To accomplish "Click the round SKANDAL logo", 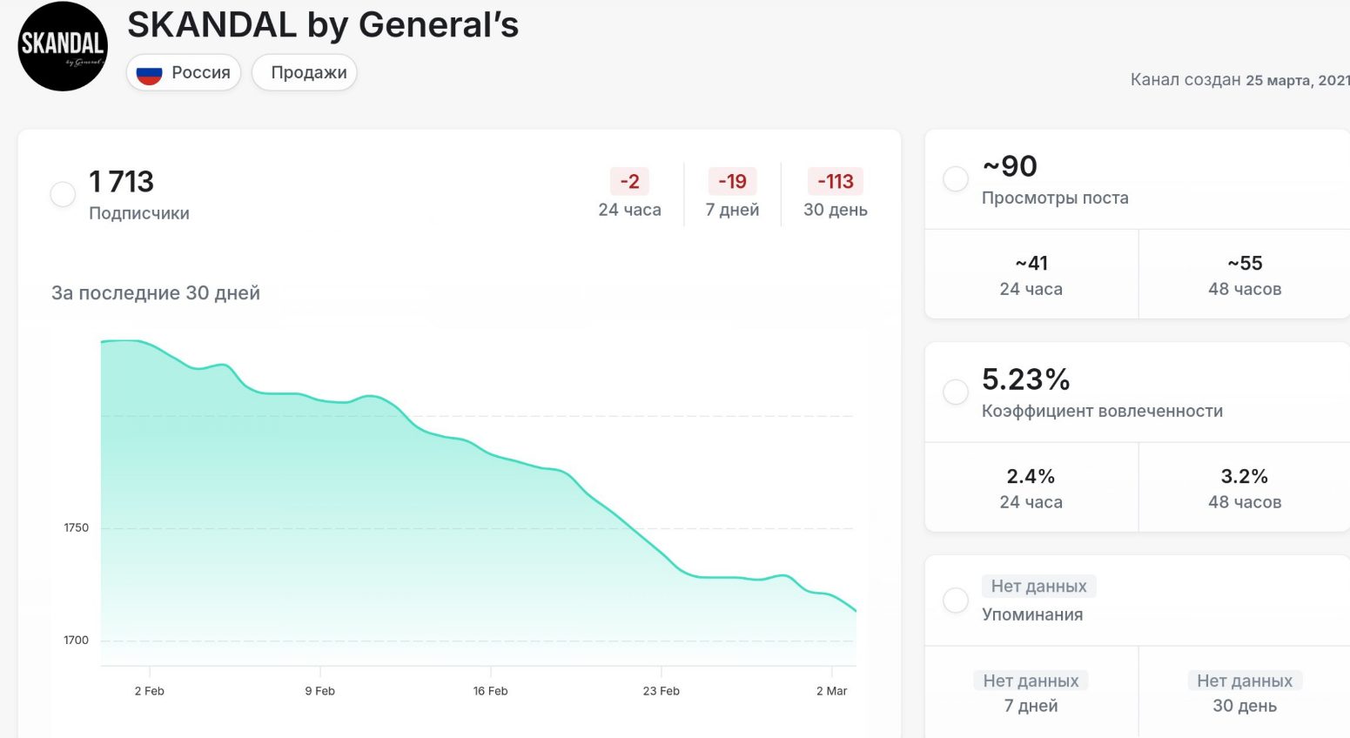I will (x=63, y=46).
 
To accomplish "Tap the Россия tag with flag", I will (x=184, y=73).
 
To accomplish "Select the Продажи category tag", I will (x=308, y=73).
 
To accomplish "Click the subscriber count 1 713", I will (x=121, y=182).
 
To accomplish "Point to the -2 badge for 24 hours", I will (x=629, y=182).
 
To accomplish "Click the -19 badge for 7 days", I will (x=732, y=182).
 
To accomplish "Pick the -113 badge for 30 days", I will (x=836, y=182).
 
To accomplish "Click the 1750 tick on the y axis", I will (x=76, y=528).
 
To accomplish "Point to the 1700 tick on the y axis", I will (x=76, y=641).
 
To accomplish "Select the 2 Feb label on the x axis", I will (x=149, y=691).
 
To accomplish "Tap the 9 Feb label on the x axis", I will (x=319, y=691).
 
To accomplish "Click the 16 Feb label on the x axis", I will (x=490, y=691).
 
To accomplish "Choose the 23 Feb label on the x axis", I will (x=661, y=691).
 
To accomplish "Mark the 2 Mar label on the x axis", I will (x=831, y=691).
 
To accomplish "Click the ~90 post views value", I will (x=1010, y=166).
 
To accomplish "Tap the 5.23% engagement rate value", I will (x=1025, y=379).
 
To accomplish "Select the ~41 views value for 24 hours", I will (x=1031, y=264).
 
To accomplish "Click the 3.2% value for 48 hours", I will (x=1244, y=477).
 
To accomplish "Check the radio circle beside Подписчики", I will (x=63, y=194).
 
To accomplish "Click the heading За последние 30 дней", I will (x=156, y=293).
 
